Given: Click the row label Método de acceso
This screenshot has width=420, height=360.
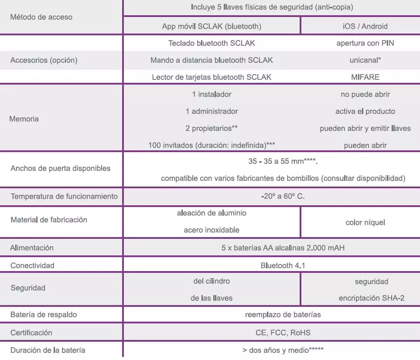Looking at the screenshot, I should pos(41,17).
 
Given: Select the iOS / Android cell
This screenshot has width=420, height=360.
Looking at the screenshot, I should pos(365,26).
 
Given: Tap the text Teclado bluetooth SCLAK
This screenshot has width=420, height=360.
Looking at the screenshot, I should pos(212,43).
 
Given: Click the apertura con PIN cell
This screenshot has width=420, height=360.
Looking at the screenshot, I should pos(365,43).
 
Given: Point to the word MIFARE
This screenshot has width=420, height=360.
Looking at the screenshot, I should pos(365,77).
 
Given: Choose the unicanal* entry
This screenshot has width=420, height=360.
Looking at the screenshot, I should pos(365,60).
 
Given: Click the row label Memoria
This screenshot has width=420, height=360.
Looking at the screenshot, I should pos(24,119).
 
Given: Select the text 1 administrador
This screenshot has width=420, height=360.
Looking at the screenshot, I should pos(212,111).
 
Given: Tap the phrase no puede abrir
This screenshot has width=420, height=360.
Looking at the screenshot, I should pos(365,94).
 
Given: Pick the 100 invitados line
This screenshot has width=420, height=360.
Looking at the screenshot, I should pos(212,145).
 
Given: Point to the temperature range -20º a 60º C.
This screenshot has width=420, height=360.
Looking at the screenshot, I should pos(283,196).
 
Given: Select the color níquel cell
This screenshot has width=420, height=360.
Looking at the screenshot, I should pos(365,222).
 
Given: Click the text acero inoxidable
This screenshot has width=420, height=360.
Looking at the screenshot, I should pos(212,230).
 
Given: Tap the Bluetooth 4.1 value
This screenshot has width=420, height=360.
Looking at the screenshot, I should pos(283,265).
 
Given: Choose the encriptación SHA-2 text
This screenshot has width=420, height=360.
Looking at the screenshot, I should pos(371,298).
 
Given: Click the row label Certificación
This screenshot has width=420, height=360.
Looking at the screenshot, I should pos(31,333).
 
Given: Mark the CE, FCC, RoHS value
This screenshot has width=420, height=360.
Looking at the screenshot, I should pos(283,333).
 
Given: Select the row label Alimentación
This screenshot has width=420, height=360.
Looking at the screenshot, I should pos(32,248).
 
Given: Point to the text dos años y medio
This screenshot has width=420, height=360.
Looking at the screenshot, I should pos(283,350).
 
